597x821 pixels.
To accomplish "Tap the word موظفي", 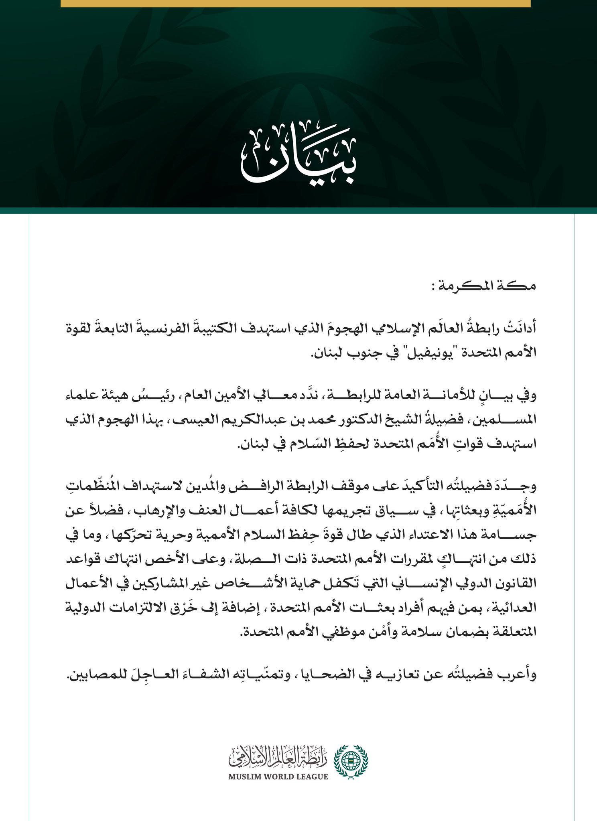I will [342, 632].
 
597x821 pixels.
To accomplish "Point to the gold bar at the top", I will [296, 3].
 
